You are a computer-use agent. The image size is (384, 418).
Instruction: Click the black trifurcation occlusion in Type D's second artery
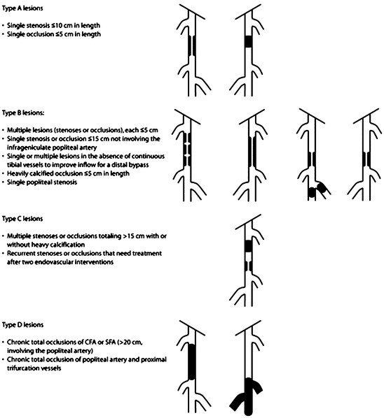[x=247, y=396]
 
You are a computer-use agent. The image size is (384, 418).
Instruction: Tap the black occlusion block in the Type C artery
[x=248, y=245]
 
